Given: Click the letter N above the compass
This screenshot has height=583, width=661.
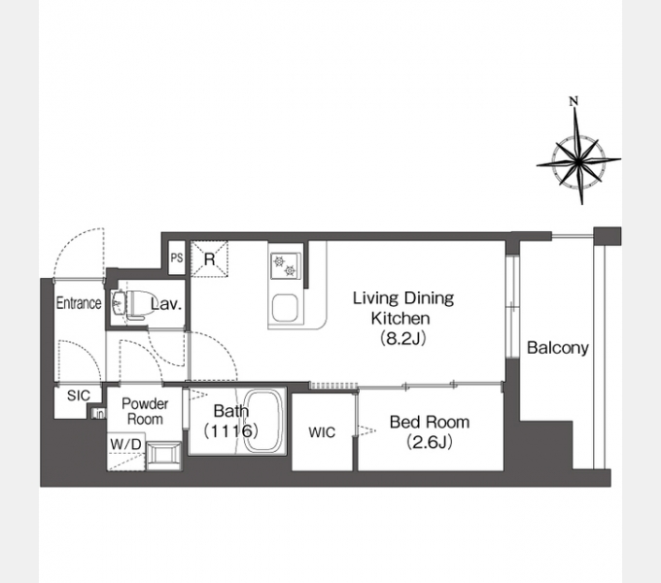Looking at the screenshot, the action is (574, 101).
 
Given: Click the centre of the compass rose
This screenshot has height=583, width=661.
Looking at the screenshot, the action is (578, 160).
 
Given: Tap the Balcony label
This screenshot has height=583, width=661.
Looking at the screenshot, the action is (558, 348).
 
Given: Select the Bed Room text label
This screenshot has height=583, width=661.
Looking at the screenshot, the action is (430, 422).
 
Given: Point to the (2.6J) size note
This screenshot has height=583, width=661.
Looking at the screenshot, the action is (430, 442).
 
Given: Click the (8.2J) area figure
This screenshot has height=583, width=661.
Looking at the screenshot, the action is (403, 338).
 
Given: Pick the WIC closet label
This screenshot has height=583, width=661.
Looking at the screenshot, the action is (322, 432).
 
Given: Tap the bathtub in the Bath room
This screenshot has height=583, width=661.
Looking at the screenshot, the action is (262, 422).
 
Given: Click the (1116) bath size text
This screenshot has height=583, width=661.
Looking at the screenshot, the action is (231, 430).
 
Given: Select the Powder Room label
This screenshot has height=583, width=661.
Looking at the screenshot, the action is (145, 412).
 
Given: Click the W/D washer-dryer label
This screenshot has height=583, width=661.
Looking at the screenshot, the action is (125, 444).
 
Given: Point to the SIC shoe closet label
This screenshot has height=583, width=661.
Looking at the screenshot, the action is (79, 395).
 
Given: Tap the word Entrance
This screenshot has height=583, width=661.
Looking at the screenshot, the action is (79, 303).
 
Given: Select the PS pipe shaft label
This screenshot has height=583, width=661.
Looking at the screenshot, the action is (177, 257).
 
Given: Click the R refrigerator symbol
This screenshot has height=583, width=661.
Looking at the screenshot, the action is (210, 259).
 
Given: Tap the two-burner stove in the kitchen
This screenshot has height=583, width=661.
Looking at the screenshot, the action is (286, 266).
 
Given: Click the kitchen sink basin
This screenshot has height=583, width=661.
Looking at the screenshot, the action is (286, 308).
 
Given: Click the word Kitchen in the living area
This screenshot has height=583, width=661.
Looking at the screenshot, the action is (400, 318).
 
